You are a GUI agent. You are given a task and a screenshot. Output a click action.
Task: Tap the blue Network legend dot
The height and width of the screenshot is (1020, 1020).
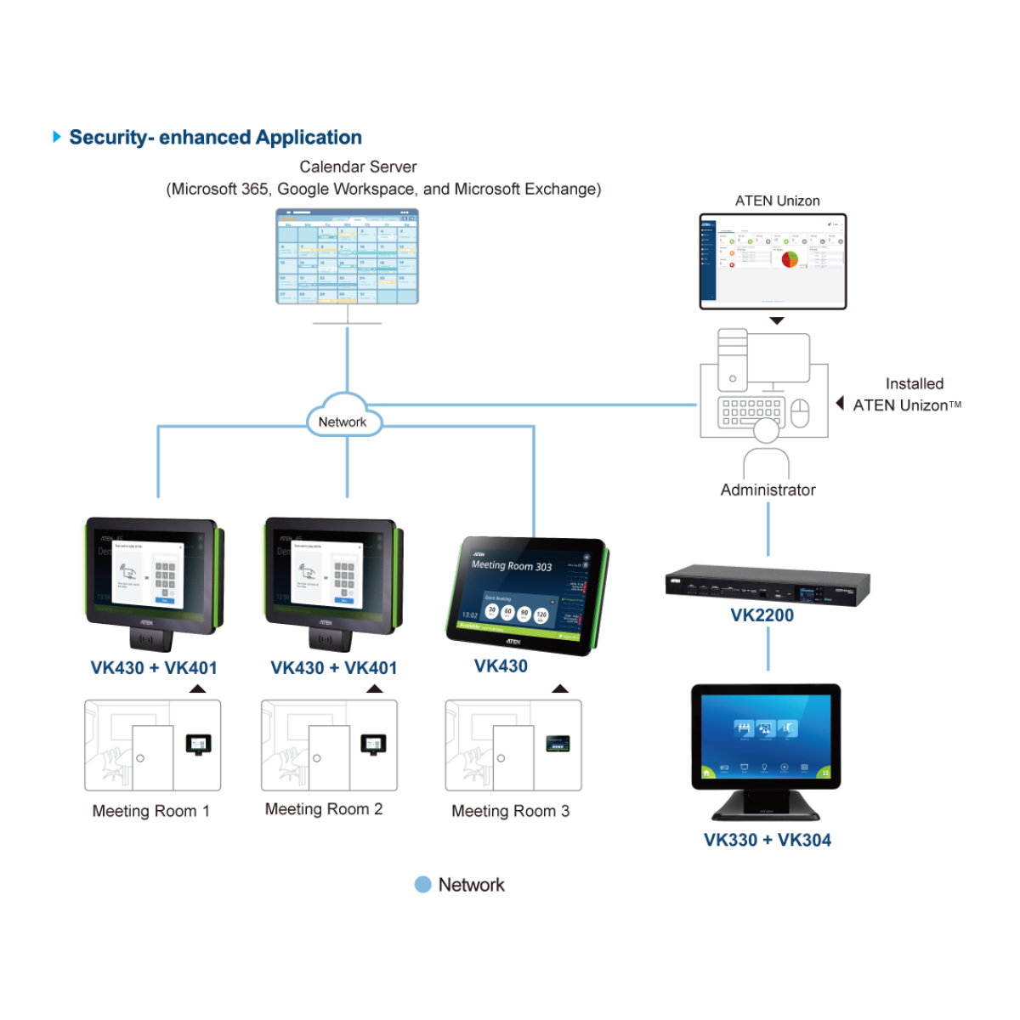422,885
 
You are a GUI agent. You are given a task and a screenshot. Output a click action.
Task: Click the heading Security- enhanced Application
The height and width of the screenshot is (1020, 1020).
215,138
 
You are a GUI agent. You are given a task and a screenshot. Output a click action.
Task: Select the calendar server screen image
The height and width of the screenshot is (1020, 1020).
347,256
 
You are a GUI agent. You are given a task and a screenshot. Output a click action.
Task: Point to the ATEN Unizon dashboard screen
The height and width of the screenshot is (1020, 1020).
773,261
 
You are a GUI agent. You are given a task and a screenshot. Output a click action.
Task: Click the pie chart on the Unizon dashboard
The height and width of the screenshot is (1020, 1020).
790,258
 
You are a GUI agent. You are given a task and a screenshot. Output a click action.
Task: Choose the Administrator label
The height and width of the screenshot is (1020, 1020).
768,490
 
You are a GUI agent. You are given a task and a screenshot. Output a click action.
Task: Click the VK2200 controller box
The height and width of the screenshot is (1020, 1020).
768,585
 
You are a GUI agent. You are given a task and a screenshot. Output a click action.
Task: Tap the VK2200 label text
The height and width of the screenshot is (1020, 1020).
762,615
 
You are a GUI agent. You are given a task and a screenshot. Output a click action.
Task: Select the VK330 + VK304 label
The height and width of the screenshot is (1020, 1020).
768,840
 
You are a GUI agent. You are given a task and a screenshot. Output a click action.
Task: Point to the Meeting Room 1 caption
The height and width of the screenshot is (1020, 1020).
150,812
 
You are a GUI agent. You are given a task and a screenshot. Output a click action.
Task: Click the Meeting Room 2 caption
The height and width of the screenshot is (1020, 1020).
324,809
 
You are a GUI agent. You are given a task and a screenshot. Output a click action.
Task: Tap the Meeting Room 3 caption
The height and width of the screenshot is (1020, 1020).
510,812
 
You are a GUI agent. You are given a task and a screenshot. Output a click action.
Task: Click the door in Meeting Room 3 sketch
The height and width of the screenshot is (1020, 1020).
513,757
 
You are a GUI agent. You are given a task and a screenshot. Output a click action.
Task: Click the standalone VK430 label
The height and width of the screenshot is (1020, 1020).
501,666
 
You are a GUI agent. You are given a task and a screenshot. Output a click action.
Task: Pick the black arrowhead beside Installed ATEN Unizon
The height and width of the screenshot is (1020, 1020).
840,403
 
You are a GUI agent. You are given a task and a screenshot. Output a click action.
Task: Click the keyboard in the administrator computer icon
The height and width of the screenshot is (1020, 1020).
751,411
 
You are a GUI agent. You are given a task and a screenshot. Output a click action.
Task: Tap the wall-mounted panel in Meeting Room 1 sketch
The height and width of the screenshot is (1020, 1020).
198,745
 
